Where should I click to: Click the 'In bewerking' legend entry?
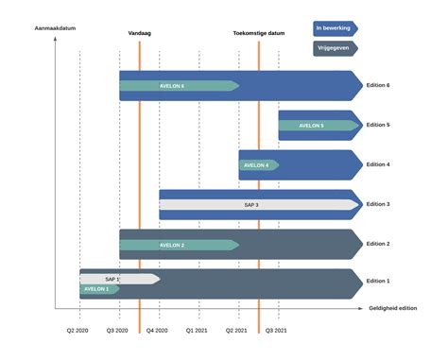(334, 28)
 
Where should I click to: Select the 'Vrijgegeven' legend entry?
(334, 47)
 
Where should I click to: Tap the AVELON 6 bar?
(176, 86)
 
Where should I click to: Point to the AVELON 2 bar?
(176, 245)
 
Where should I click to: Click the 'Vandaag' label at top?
(140, 33)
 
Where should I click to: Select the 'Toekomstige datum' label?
(259, 33)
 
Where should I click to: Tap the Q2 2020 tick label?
(78, 331)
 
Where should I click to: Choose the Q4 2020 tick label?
(158, 331)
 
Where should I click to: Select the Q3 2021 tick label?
(278, 331)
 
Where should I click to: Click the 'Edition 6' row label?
(379, 86)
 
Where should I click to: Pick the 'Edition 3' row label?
(379, 204)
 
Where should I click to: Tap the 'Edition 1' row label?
(379, 282)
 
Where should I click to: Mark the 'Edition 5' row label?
(379, 126)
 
